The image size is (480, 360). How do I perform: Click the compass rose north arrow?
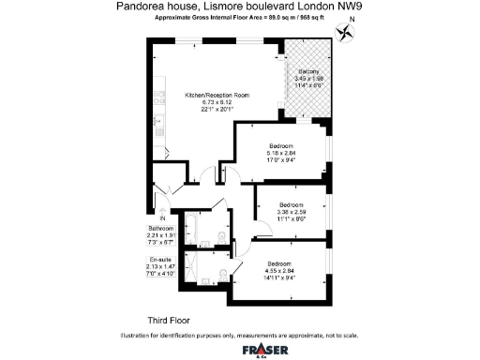coord(350,31)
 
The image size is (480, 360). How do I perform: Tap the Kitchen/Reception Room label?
coord(217,96)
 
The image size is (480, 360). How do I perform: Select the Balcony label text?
coord(309,72)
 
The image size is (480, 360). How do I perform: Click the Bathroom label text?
coord(161,229)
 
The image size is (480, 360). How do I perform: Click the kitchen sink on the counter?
coord(155,122)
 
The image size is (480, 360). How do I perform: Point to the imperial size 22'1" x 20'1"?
coord(217,110)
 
